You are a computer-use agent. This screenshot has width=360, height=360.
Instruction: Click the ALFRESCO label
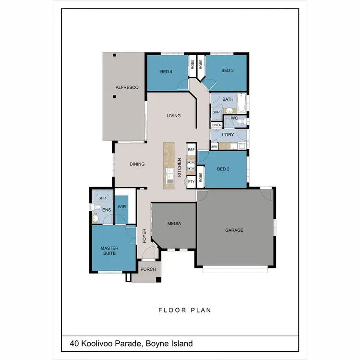coord(127,87)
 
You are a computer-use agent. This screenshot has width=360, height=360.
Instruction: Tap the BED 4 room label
coord(166,72)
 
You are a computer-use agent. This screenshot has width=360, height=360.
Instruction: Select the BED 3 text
coord(227,71)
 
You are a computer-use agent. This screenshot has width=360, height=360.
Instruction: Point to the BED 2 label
coord(223,169)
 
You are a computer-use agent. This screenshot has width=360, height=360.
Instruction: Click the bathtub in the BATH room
coord(241,102)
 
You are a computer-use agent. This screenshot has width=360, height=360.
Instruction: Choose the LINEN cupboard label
coord(216,125)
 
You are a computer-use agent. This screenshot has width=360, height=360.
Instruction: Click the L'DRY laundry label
coord(228,135)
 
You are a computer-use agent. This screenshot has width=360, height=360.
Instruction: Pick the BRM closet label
coord(214,147)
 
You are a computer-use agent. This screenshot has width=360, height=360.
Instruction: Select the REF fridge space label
coord(191,150)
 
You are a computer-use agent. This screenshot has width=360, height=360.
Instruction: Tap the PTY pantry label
coord(191,181)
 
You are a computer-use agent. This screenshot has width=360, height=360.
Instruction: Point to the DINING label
coord(137,164)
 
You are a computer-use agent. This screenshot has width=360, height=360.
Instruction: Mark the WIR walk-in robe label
coord(121,207)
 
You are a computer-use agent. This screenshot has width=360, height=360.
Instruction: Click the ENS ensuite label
coord(106,210)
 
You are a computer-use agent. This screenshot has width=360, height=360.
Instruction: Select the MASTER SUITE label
coord(109,251)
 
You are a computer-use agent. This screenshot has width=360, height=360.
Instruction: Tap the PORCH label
coord(148,269)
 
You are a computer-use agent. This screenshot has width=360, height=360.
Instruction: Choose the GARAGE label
coord(234,230)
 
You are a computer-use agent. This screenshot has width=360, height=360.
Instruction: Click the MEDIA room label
coord(173,224)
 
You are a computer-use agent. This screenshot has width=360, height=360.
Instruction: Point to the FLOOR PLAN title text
coord(184,310)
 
